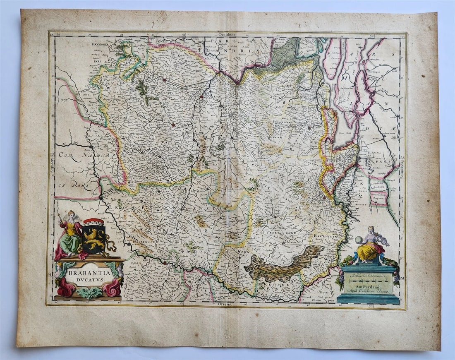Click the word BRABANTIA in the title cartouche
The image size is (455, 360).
87,273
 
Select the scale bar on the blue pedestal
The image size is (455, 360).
368,281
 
